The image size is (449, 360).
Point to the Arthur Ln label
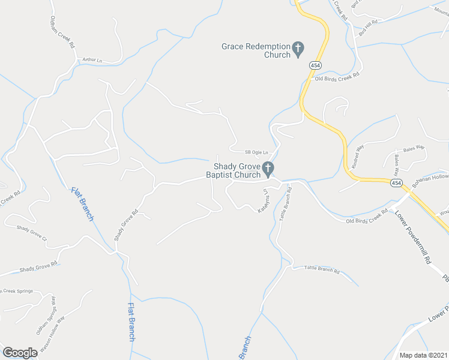92,60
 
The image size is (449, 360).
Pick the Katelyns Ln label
262,202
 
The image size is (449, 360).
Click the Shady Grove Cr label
31,232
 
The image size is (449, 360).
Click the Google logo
20,353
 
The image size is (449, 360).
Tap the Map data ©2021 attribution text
423,355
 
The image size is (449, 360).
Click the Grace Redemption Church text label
255,50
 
